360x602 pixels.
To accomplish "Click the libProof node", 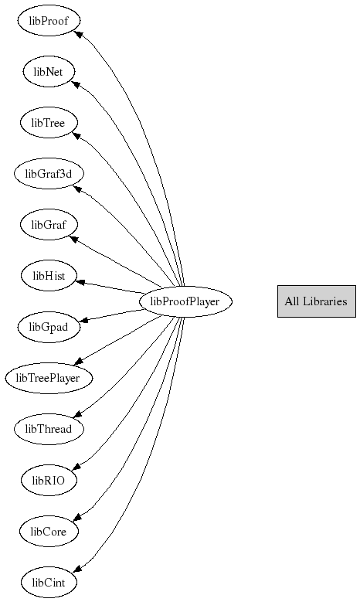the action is click(49, 21).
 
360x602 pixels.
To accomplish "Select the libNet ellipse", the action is click(49, 72).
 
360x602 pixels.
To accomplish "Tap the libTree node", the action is click(49, 123).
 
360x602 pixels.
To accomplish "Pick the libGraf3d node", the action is click(49, 174).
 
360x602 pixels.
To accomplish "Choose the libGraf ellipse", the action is click(49, 225).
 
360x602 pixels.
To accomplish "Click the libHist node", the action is click(49, 276).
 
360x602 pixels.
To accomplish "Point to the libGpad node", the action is click(49, 327).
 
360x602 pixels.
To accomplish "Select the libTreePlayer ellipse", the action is click(49, 378).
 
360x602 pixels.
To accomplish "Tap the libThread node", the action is click(49, 429).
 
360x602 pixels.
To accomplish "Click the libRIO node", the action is click(49, 481).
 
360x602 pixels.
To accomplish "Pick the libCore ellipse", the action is click(49, 532).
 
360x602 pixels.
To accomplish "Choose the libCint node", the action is click(49, 583).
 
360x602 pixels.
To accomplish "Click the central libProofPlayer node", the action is click(185, 301).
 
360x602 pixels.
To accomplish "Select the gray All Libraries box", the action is click(317, 301).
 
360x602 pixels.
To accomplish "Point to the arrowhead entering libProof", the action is click(79, 35).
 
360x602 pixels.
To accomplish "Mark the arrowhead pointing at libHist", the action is click(80, 283).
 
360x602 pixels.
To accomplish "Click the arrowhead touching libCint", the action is click(77, 568).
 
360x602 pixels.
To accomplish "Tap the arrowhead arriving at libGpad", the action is click(83, 320).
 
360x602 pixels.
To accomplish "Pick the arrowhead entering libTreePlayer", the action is click(79, 361).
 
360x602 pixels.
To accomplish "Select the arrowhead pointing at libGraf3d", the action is click(77, 189).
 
